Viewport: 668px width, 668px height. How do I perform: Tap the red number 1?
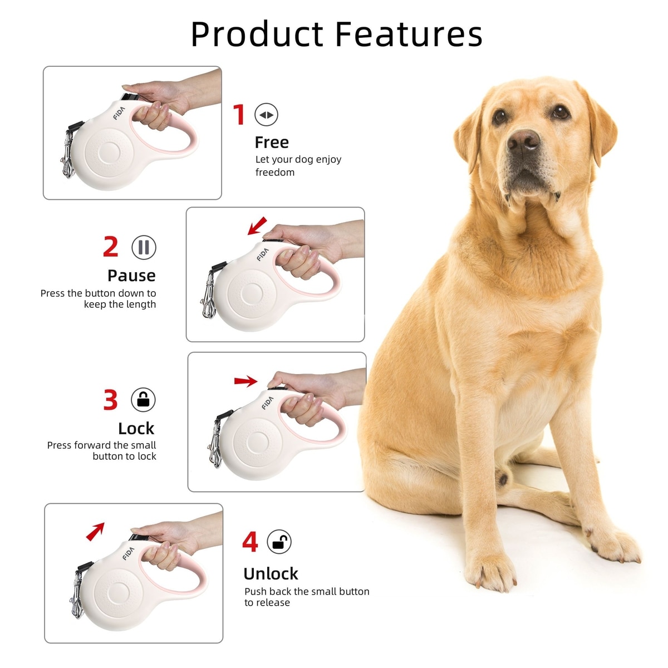point(238,115)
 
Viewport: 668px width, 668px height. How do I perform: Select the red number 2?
point(111,247)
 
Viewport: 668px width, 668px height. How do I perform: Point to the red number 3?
point(111,400)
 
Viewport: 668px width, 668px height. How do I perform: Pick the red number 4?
point(250,542)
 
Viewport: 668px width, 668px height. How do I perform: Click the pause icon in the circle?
point(144,247)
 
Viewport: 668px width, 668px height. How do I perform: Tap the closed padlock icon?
point(143,400)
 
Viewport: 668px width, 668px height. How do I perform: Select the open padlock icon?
point(279,542)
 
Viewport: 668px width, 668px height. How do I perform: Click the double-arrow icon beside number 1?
point(266,115)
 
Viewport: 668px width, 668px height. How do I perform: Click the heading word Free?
point(272,143)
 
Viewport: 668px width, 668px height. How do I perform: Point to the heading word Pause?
point(131,276)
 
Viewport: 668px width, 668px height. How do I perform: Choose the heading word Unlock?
point(271,574)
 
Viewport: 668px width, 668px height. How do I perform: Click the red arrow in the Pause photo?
point(257,225)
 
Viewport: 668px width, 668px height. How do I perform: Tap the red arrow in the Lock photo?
point(246,382)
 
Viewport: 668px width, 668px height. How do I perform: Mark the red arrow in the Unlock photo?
point(95,532)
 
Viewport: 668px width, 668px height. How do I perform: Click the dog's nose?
point(523,140)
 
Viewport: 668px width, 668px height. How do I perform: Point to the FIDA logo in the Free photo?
point(120,114)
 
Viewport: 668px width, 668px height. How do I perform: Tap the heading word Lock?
point(136,429)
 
